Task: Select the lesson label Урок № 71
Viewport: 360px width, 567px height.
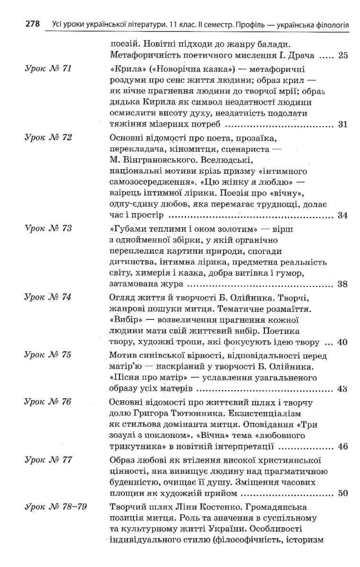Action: [48, 69]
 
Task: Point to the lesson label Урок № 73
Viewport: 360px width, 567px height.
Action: [48, 229]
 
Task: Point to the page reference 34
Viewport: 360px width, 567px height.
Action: [343, 215]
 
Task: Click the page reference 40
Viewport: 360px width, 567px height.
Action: [343, 342]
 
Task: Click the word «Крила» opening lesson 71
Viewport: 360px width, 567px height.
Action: [124, 69]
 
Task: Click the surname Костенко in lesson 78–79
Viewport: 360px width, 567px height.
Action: [199, 507]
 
